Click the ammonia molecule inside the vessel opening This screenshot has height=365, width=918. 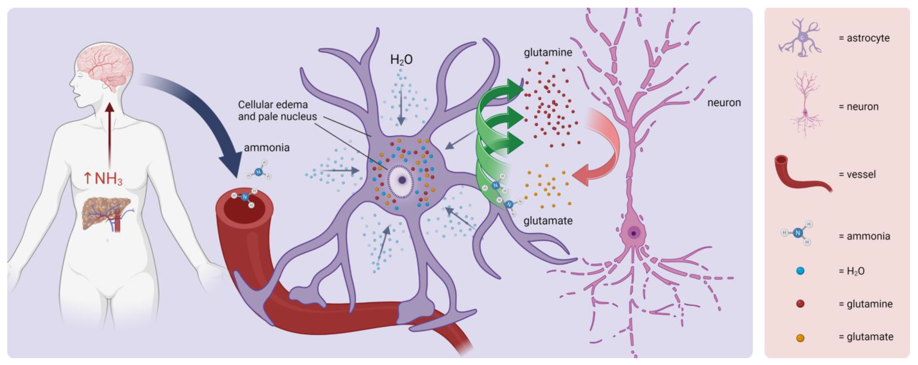[x=244, y=197]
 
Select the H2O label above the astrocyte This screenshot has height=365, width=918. [x=401, y=60]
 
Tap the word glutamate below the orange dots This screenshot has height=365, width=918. [x=548, y=221]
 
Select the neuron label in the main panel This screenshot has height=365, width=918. [x=724, y=103]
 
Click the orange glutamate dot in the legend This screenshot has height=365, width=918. [x=800, y=337]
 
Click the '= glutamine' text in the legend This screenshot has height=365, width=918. [x=865, y=304]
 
